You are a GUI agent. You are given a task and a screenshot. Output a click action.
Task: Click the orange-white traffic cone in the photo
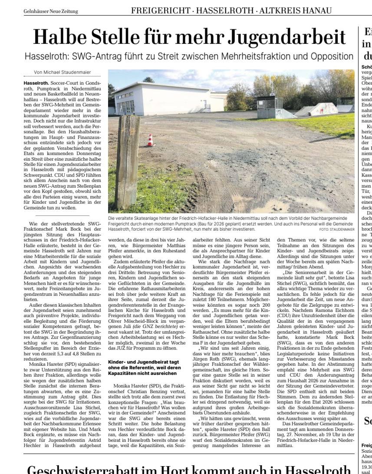pyautogui.click(x=150, y=140)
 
